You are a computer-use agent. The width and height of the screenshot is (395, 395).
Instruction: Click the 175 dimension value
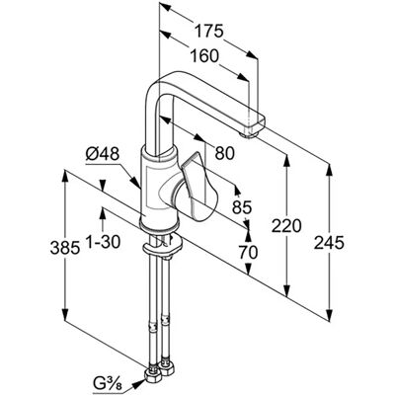point(208,32)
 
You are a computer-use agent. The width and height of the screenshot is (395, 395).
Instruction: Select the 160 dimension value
point(203,56)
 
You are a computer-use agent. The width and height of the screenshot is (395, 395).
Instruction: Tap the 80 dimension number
point(225,153)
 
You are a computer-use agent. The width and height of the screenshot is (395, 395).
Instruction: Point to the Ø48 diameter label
point(103,153)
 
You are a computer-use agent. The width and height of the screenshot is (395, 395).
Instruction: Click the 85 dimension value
point(242,207)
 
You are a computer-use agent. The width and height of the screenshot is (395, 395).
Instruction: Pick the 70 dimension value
point(248,253)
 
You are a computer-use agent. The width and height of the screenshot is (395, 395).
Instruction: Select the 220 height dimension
point(286,226)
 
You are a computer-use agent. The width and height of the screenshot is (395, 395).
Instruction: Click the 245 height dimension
point(329,243)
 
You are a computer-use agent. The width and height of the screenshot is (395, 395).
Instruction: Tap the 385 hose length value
point(65,248)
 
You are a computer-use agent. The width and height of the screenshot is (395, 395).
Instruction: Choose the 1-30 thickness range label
point(103,243)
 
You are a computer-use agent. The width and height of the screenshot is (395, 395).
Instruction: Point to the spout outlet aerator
point(250,134)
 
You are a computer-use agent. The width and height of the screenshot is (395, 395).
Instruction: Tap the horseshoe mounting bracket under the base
point(162,248)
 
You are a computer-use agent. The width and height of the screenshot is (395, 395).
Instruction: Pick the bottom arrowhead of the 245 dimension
point(329,315)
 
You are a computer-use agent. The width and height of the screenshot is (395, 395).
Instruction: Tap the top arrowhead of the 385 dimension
point(65,176)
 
